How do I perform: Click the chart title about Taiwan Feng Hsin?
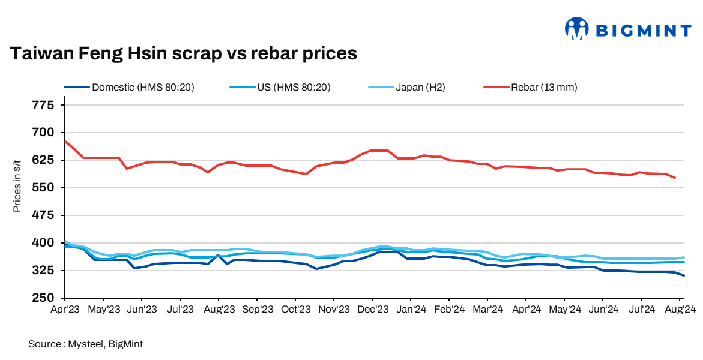click(x=184, y=54)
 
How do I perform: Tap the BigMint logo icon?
click(x=576, y=28)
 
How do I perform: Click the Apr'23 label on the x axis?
click(x=65, y=310)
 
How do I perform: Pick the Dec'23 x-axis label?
click(x=372, y=310)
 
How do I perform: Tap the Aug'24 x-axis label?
click(x=680, y=310)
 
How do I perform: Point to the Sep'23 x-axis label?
click(x=257, y=310)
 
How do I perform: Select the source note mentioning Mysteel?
click(x=85, y=344)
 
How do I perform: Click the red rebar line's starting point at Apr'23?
click(x=65, y=142)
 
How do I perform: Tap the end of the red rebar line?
click(x=675, y=178)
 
